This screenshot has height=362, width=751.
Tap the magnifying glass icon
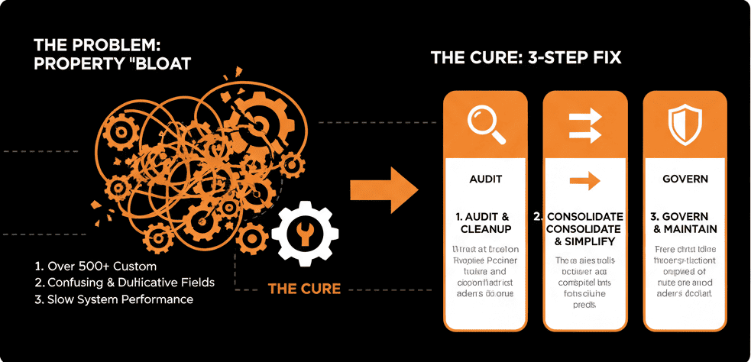coord(486,122)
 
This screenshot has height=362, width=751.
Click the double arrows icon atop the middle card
coord(585,122)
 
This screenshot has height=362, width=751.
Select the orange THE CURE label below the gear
coord(303,289)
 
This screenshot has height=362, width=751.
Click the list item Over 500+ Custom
coord(95,267)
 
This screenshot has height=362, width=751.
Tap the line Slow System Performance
coord(114,299)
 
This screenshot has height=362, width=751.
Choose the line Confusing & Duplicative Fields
coord(125,283)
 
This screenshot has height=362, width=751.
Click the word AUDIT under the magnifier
coord(485,179)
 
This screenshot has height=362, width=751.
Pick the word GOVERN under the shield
coord(685,179)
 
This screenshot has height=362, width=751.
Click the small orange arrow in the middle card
coord(584,180)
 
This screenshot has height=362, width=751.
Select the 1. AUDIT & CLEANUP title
coord(485,223)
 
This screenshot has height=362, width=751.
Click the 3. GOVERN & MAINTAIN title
coord(685,223)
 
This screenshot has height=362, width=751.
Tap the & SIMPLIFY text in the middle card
coord(584,241)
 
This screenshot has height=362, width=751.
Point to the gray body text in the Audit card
coord(485,271)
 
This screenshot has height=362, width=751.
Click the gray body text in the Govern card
coord(685,271)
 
